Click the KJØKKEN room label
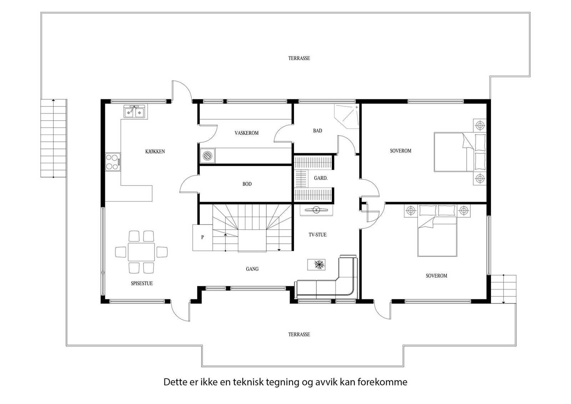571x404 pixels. coord(155,151)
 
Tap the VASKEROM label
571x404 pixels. coord(247,133)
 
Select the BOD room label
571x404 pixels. coord(247,184)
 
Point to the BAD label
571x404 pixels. coord(317,131)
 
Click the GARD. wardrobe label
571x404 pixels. coord(321,178)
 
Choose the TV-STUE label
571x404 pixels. coord(317,235)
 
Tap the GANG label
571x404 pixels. coord(252,269)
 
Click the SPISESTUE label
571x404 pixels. coord(142,283)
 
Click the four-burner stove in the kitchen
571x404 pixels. coord(113,162)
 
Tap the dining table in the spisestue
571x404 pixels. coord(141,252)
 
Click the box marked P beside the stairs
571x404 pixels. coord(202,238)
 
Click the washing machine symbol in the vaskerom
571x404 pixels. coord(207,155)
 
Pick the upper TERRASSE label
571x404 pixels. coord(299,59)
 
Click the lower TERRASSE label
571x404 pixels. coord(299,334)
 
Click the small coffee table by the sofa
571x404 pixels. coord(316,264)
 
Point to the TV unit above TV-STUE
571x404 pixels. coord(316,210)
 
